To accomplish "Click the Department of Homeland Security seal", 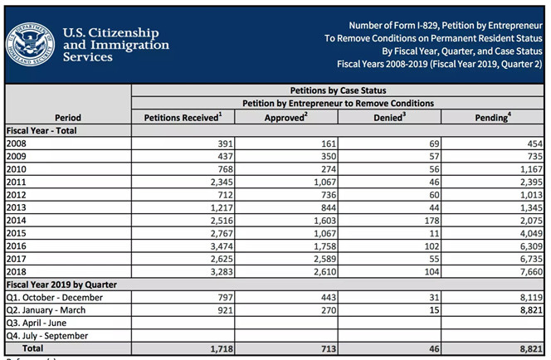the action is tap(31, 45).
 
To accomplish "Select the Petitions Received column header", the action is tap(183, 117).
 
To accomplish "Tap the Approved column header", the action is tap(286, 117).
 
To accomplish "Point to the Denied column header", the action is tap(389, 117).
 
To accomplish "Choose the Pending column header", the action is tap(493, 117).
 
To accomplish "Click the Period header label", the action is tap(68, 117).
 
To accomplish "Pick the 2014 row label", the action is tap(16, 220).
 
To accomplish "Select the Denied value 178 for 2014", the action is tap(432, 221).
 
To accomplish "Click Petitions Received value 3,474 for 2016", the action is tap(222, 246).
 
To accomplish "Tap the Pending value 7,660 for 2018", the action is tap(531, 272).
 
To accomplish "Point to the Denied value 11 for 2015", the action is tap(434, 233).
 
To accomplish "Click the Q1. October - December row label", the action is tap(55, 298).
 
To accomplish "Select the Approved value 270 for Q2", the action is tap(329, 310).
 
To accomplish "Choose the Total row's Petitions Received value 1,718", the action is tap(222, 348).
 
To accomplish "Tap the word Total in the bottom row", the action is tap(32, 348).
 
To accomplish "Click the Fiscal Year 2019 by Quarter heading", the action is tap(61, 285).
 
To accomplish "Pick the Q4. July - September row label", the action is tap(47, 336).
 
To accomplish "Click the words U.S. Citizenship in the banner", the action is tap(111, 32).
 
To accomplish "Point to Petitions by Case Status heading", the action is tap(338, 90).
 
